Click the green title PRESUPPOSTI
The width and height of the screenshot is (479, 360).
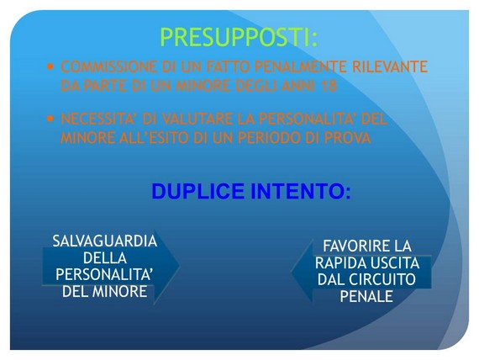(x=239, y=37)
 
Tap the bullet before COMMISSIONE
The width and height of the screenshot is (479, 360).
(x=50, y=66)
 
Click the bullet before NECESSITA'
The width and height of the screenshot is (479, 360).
(x=50, y=119)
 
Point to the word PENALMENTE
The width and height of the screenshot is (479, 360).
(x=301, y=66)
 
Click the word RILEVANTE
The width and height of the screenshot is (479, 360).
(x=390, y=66)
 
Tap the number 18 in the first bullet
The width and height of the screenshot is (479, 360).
(x=329, y=86)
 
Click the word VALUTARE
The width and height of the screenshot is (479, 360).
(x=197, y=119)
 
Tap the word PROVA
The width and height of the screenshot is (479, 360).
(x=347, y=138)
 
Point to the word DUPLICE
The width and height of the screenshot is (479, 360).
(x=198, y=191)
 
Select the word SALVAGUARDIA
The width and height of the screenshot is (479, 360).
(x=105, y=241)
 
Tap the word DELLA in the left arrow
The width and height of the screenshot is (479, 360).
(x=105, y=258)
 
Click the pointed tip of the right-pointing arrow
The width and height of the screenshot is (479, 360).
(x=180, y=266)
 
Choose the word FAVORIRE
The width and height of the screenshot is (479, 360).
(x=350, y=246)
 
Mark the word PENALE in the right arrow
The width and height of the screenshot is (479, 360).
(x=366, y=296)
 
